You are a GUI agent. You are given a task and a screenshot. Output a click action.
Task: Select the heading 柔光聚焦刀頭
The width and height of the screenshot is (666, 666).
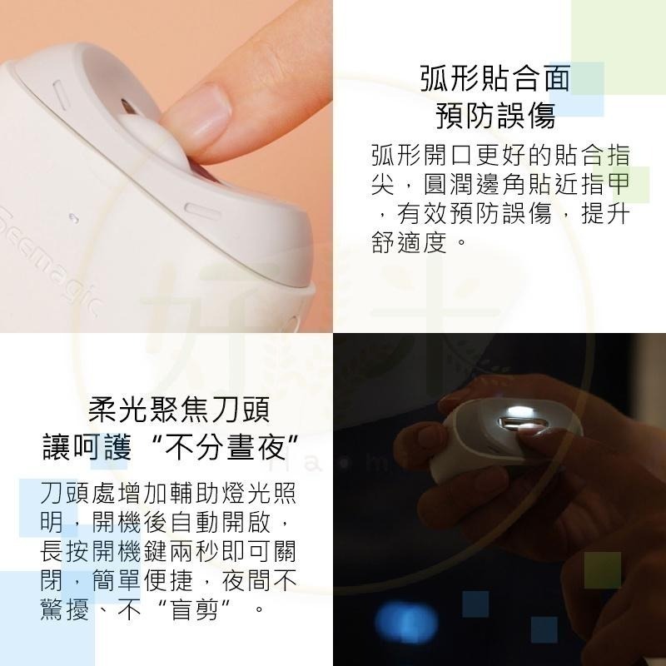[179, 410]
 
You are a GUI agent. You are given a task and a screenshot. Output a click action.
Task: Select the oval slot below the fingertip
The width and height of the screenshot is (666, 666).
[200, 209]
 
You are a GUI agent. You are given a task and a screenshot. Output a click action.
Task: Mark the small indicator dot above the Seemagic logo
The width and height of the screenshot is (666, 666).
[74, 217]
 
